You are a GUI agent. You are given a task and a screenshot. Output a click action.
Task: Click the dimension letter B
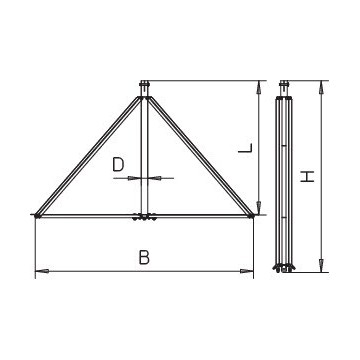144,258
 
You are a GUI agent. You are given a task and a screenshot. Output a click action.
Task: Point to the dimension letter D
119,162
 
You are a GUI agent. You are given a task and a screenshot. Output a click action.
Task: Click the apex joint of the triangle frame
145,95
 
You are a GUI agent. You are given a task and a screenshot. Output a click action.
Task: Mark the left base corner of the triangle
37,214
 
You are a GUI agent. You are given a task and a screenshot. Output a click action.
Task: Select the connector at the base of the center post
145,216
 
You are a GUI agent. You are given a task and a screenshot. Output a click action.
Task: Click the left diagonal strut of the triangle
90,154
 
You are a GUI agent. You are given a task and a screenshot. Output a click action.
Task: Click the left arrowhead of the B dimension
39,271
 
